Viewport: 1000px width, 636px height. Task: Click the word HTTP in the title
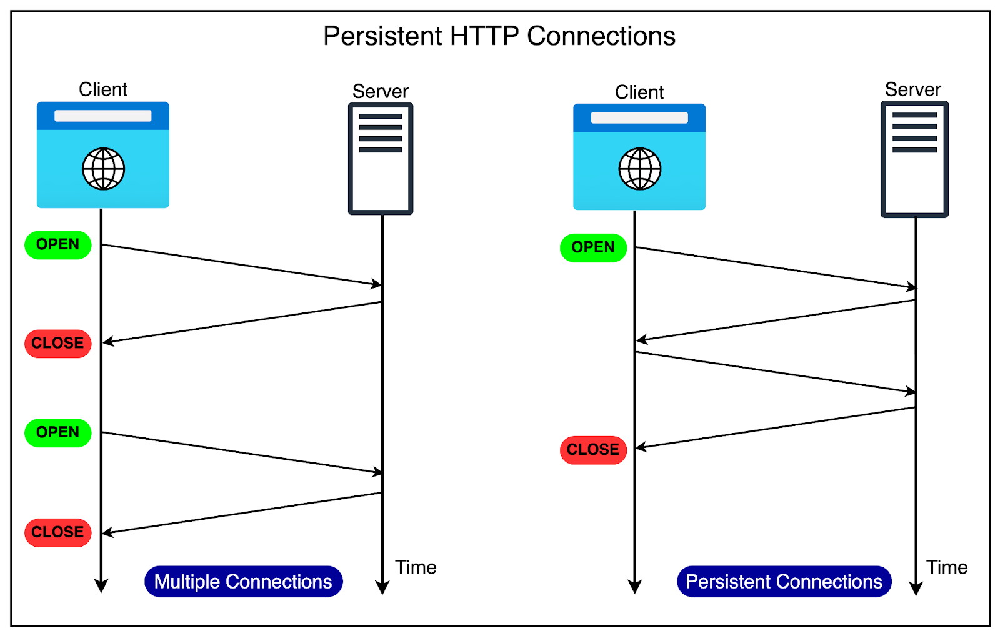pos(484,36)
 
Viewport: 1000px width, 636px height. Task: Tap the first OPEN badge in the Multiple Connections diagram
pos(58,244)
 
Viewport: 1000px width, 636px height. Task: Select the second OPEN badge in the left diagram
pos(58,432)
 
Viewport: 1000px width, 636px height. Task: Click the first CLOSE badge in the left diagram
pos(58,343)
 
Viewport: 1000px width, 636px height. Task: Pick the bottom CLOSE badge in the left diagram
pos(58,532)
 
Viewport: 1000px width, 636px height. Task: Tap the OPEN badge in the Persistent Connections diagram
pos(593,247)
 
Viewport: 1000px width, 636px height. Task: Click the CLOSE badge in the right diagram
pos(593,450)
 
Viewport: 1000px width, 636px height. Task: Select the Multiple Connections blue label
pos(243,582)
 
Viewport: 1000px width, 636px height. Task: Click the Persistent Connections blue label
pos(784,582)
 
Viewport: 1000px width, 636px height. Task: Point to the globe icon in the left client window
pos(104,169)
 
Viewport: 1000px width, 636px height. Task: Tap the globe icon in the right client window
pos(640,169)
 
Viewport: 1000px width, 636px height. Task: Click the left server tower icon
pos(381,159)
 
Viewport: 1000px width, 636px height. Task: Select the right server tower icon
pos(914,159)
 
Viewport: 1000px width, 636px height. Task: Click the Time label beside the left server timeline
pos(416,567)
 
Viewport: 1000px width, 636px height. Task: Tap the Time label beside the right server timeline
pos(947,567)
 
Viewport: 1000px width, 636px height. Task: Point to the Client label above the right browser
pos(639,92)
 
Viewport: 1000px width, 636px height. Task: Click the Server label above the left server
pos(380,92)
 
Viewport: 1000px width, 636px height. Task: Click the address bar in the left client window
pos(103,116)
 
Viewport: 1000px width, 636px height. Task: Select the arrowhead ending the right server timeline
pos(916,589)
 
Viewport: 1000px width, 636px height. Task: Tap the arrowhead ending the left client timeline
pos(101,586)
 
